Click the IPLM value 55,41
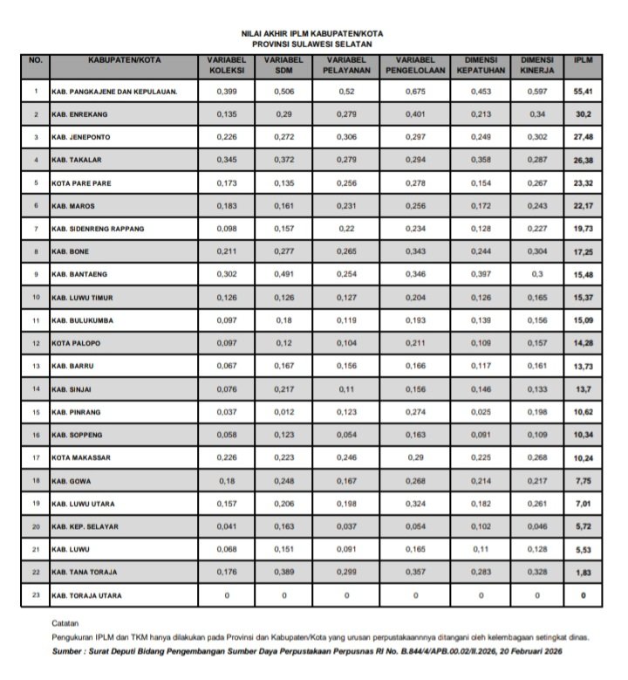(x=584, y=91)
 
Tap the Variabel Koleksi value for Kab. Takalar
(x=228, y=160)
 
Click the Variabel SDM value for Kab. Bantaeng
(x=284, y=274)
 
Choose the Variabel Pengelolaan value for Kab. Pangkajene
(x=415, y=91)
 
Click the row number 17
(x=36, y=457)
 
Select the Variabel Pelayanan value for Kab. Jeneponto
(x=348, y=137)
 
